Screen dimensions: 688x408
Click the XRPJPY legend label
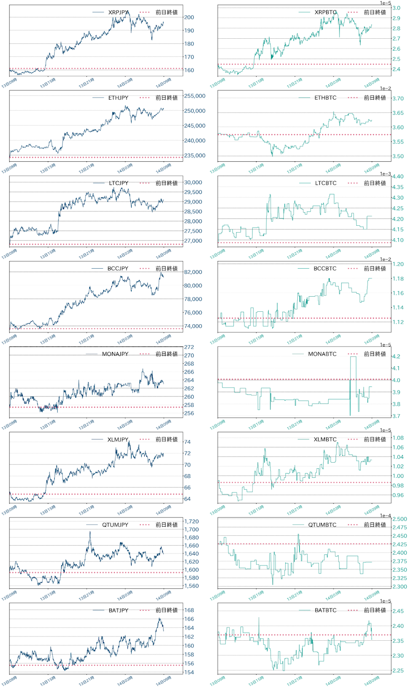coord(118,12)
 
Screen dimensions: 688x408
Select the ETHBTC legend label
coord(325,98)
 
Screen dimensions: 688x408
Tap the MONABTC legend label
coord(322,354)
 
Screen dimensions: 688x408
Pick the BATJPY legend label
coord(118,611)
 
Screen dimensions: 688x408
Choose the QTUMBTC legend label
coord(322,525)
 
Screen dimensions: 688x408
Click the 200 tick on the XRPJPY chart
coord(189,17)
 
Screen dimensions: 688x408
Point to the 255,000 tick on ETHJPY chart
coord(195,96)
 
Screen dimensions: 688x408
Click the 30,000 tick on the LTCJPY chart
coord(193,182)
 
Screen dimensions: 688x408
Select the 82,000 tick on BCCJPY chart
coord(193,272)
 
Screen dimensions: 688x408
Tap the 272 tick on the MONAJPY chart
coord(189,347)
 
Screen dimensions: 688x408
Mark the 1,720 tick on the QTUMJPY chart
coord(192,522)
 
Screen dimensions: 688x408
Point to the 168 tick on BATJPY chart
coord(189,610)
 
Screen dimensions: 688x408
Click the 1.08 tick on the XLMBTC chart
coord(398,438)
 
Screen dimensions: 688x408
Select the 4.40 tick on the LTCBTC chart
coord(398,177)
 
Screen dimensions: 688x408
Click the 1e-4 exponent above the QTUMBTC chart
coord(386,516)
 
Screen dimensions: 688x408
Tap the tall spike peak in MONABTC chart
coord(353,357)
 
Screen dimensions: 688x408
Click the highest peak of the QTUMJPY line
coord(90,532)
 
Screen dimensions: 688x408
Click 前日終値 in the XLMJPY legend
coord(166,439)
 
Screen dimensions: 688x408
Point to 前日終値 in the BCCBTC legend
coord(374,269)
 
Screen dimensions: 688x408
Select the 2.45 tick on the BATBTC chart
coord(398,611)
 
